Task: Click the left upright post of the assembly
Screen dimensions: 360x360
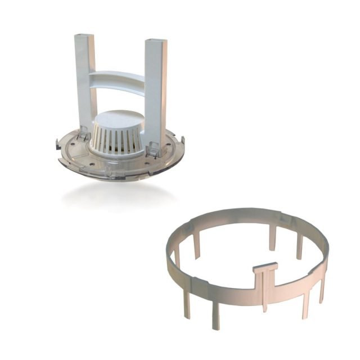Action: [85, 84]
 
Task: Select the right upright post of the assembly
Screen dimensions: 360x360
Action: [155, 90]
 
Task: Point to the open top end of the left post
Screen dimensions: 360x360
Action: [84, 36]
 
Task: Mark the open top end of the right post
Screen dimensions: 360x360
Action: [155, 42]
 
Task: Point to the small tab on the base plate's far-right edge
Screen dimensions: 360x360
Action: [182, 137]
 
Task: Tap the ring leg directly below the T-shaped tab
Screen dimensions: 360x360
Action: [264, 298]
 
